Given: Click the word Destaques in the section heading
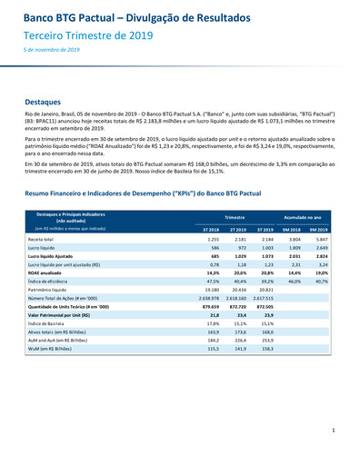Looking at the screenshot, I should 44,103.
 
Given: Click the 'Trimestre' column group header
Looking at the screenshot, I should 234,218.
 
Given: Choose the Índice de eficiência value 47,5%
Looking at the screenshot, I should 213,282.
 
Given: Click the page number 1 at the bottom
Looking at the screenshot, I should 334,430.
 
